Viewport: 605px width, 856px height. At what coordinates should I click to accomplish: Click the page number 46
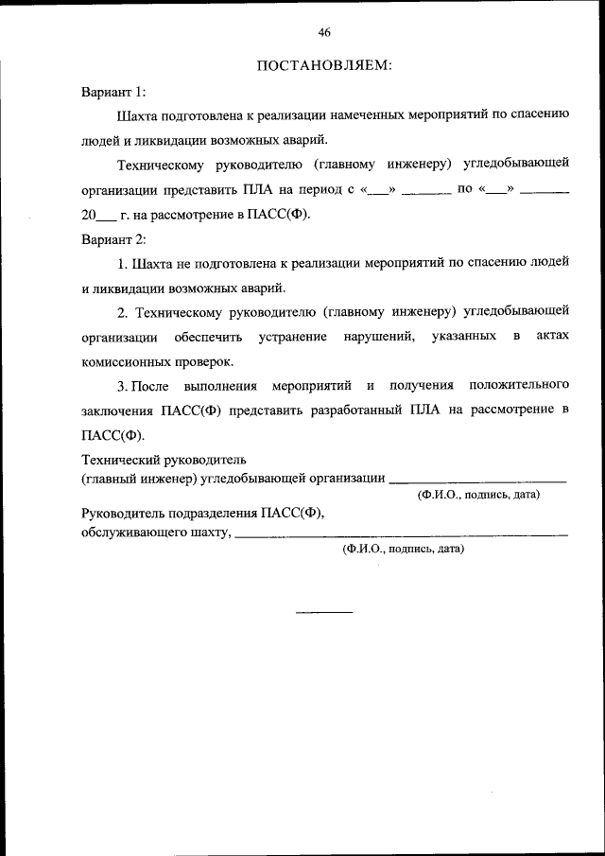[x=324, y=33]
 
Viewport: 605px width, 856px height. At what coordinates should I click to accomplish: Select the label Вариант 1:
[x=113, y=92]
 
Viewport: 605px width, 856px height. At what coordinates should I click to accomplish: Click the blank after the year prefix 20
[x=107, y=216]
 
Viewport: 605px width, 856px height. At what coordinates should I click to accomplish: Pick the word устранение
[x=293, y=337]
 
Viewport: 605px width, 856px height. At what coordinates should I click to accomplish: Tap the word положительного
[x=519, y=386]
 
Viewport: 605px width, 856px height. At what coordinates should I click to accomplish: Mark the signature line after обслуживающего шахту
[x=401, y=536]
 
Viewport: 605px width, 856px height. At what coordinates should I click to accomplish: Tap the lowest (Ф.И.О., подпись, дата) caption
[x=403, y=549]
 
